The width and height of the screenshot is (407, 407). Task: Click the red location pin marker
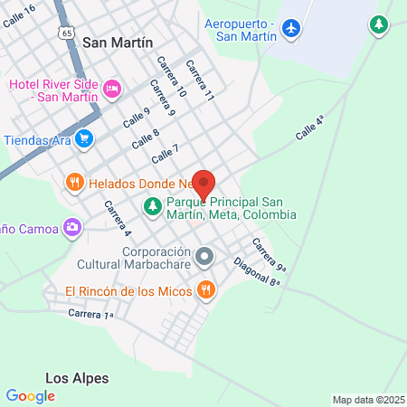tap(203, 185)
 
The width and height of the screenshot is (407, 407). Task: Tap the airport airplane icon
tap(291, 29)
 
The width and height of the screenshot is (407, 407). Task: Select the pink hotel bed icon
tap(111, 88)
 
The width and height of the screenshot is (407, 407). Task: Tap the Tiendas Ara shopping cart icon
tap(84, 138)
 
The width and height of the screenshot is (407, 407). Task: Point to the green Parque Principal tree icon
tap(152, 207)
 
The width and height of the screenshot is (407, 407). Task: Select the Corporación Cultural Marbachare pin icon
tap(205, 257)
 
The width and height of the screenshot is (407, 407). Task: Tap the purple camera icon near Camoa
tap(72, 226)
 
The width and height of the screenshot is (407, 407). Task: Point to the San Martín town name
tap(118, 43)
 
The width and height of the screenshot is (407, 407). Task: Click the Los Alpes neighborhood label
tap(77, 377)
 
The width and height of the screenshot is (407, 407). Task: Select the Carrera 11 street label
tap(200, 80)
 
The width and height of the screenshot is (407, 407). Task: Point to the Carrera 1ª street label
tap(90, 314)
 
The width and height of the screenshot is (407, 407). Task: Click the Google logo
tap(30, 395)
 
